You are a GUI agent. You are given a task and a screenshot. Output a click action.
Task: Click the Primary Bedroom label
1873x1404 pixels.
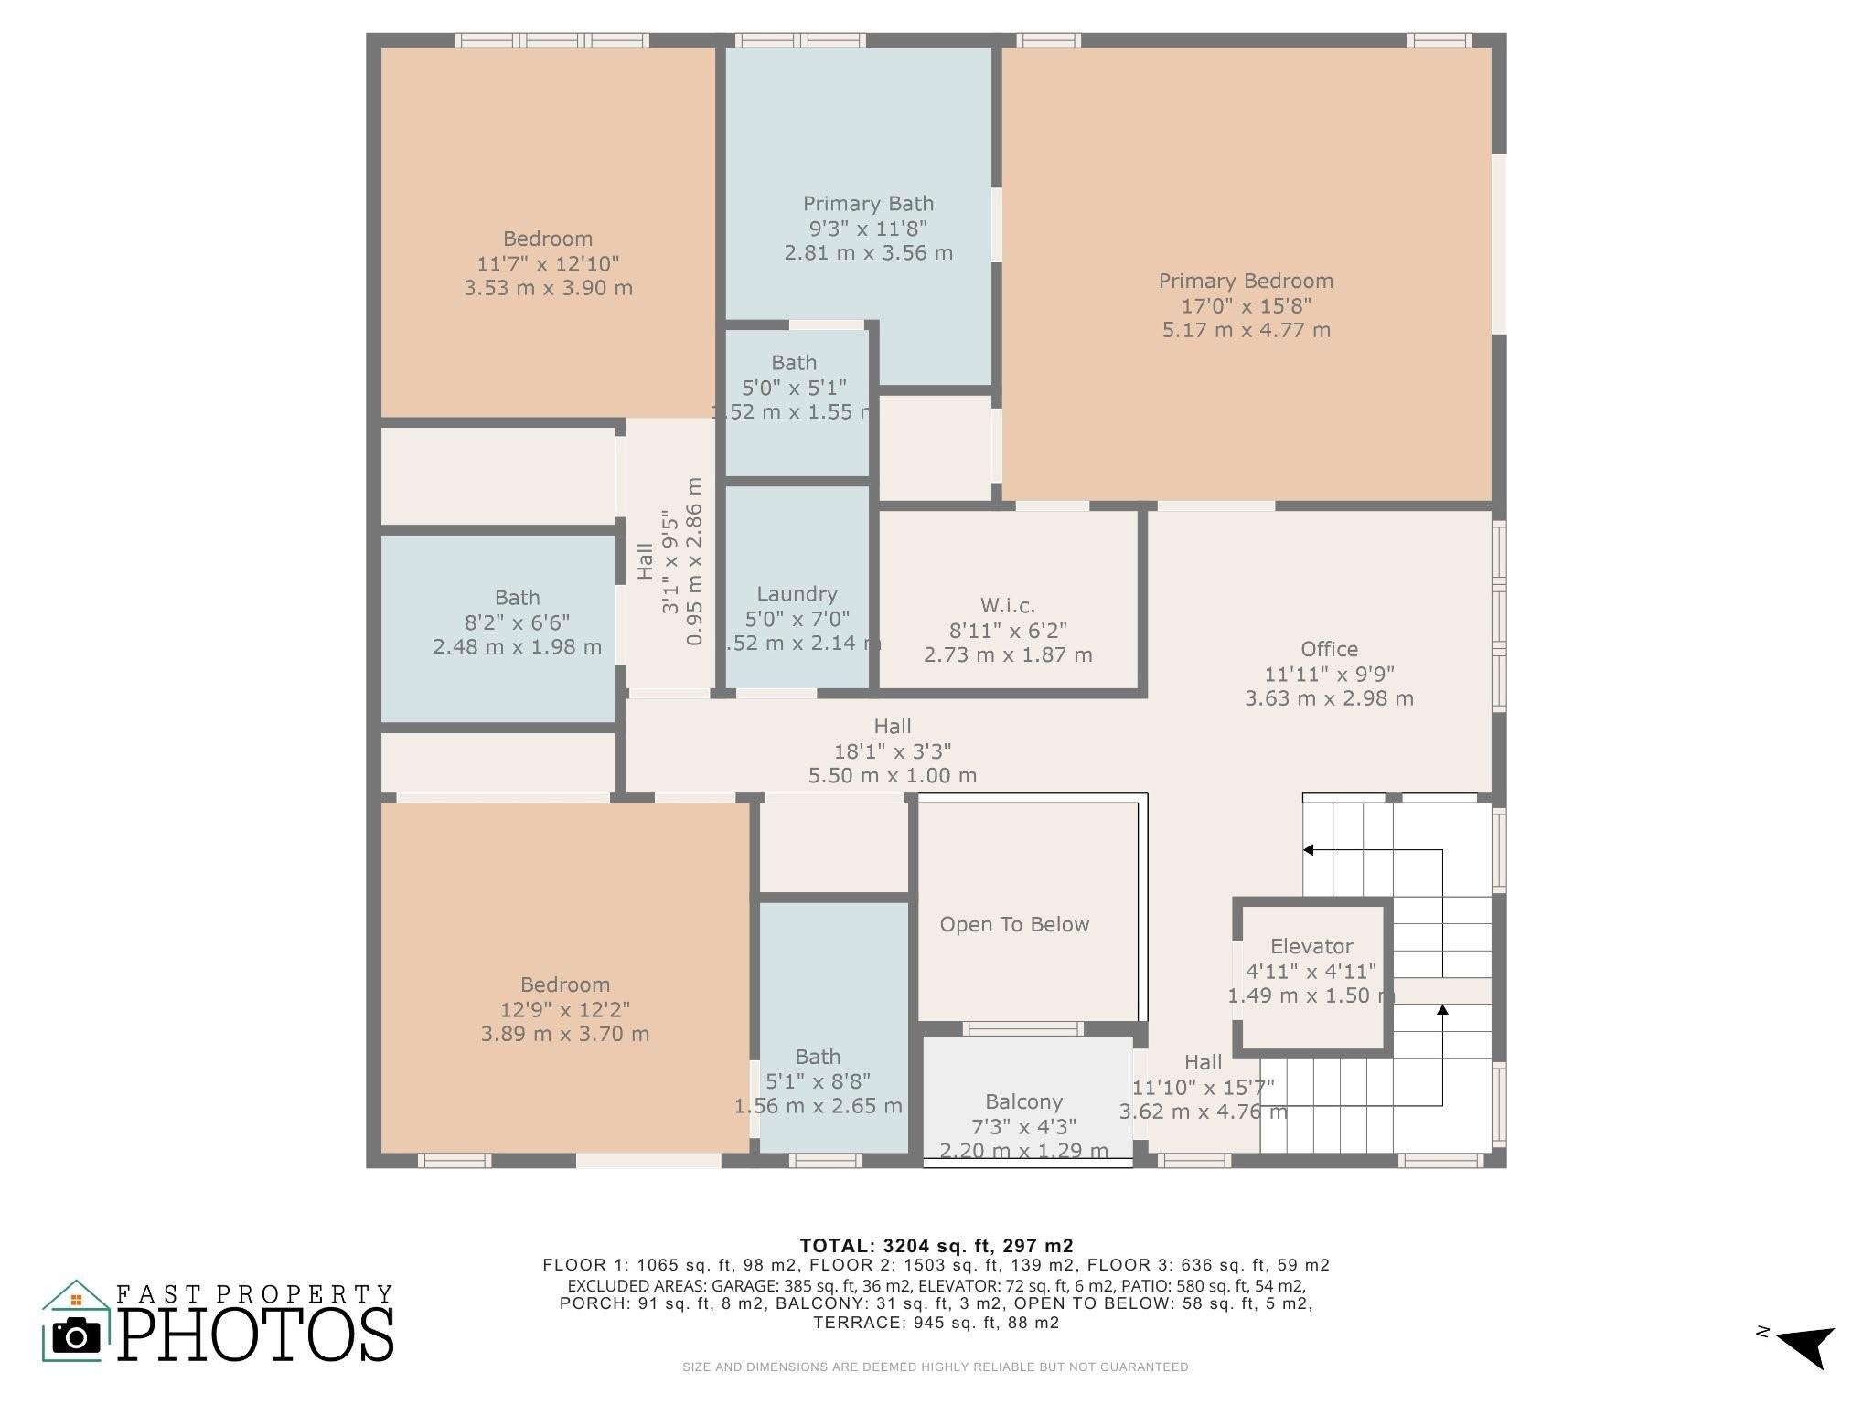coord(1246,282)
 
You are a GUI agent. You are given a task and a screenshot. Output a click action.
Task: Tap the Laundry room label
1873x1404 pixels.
coord(797,595)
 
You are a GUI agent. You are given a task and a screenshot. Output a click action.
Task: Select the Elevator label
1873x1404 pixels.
coord(1311,947)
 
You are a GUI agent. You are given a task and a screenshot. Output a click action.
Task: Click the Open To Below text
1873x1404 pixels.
coord(1014,925)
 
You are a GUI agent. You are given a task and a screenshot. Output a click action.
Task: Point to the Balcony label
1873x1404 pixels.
coord(1023,1102)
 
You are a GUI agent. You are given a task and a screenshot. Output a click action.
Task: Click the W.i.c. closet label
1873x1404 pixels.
coord(1008,606)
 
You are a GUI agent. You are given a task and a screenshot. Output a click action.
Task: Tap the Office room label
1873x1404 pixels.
coord(1329,650)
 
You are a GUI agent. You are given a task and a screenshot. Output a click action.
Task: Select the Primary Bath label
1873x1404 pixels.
coord(868,204)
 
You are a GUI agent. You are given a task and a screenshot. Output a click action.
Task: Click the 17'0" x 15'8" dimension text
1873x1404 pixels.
coord(1246,306)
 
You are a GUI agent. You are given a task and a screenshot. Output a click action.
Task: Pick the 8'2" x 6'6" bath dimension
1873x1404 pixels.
coord(517,623)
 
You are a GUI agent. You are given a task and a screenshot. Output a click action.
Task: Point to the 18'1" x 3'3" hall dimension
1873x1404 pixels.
coord(892,751)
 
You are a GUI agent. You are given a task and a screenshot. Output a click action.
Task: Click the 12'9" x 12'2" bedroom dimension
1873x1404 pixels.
coord(564,1010)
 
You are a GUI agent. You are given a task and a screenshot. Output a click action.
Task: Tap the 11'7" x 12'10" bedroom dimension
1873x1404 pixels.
coord(548,264)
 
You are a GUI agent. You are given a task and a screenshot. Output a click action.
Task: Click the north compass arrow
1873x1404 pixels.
coord(1805,1345)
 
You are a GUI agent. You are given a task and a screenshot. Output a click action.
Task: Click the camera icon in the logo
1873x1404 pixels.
coord(76,1337)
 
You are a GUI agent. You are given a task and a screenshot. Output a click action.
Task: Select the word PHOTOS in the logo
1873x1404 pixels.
coord(256,1335)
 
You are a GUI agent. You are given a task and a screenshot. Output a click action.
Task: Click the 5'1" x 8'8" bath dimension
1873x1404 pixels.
coord(818,1082)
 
